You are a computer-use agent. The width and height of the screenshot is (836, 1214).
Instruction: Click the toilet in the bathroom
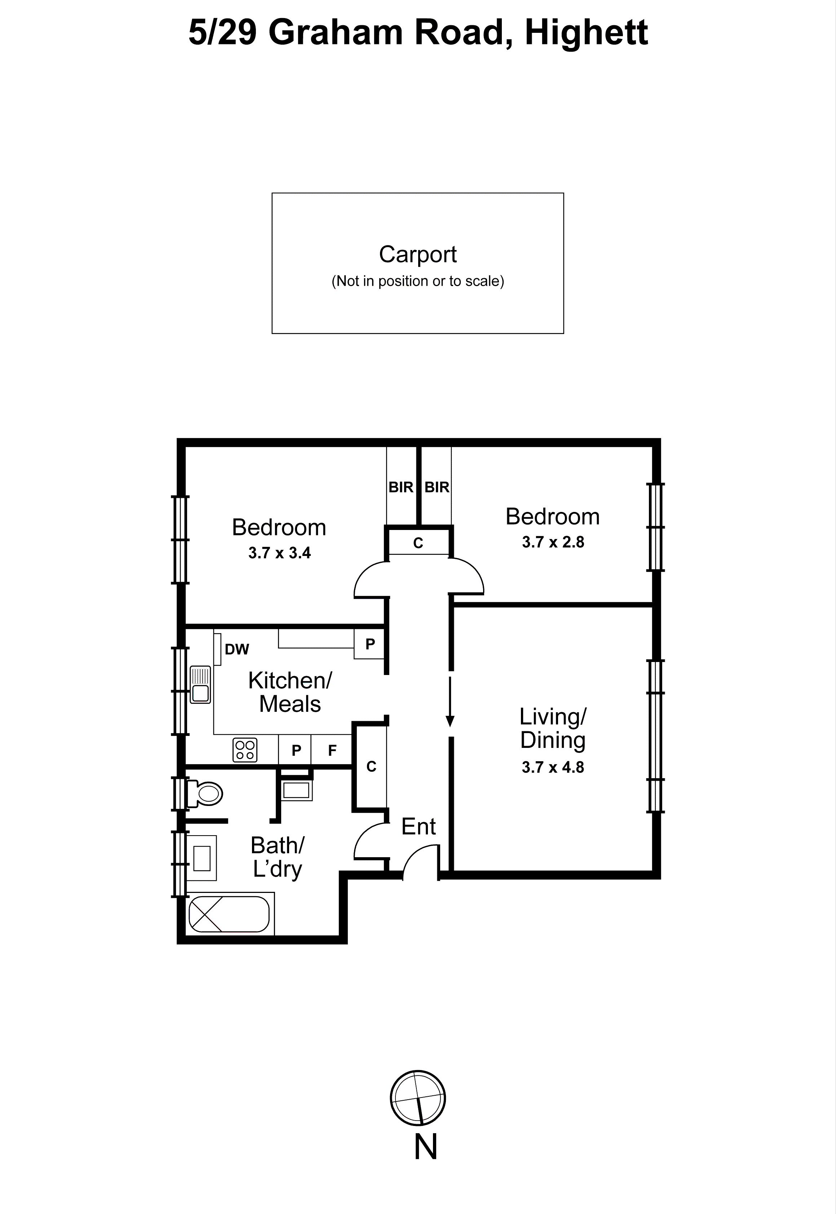coord(207,794)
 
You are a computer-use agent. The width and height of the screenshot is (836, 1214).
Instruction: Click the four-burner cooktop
coord(245,750)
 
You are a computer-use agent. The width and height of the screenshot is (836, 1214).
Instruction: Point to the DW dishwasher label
coord(237,649)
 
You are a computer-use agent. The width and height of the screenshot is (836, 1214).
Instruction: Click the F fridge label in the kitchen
coord(332,751)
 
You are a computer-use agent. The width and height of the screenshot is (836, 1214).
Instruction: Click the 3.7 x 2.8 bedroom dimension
coord(553,542)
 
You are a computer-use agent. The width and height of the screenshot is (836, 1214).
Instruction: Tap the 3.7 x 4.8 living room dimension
coord(553,767)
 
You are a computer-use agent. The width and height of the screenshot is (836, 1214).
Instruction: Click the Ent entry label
coord(418,827)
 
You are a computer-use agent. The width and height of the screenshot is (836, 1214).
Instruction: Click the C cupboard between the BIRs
coord(418,543)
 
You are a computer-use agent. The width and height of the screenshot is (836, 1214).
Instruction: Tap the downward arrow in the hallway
coord(450,702)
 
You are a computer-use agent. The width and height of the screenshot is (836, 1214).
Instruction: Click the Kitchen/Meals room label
coord(290,692)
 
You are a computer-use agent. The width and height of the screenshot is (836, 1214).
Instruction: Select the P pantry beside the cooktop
coord(296,751)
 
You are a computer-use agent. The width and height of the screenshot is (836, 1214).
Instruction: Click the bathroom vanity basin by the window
coord(202,858)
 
